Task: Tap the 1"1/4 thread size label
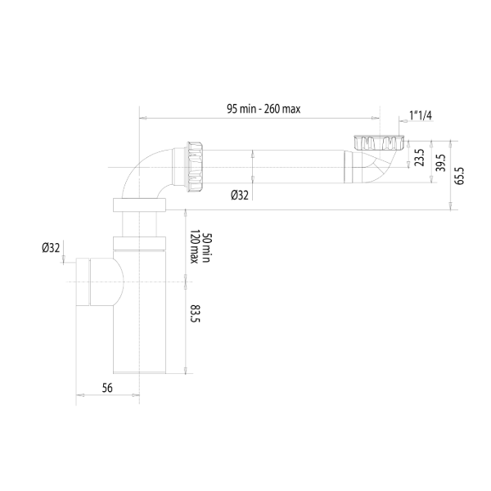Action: click(x=420, y=115)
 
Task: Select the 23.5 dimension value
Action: click(x=420, y=158)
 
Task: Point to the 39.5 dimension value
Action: click(x=441, y=162)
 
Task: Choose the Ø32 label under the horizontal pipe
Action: click(x=239, y=195)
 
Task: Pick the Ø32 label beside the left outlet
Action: click(x=51, y=248)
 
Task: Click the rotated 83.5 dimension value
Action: click(x=195, y=313)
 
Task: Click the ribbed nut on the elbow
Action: click(x=195, y=166)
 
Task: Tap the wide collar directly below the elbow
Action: click(x=140, y=204)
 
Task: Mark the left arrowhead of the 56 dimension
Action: click(x=79, y=400)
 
